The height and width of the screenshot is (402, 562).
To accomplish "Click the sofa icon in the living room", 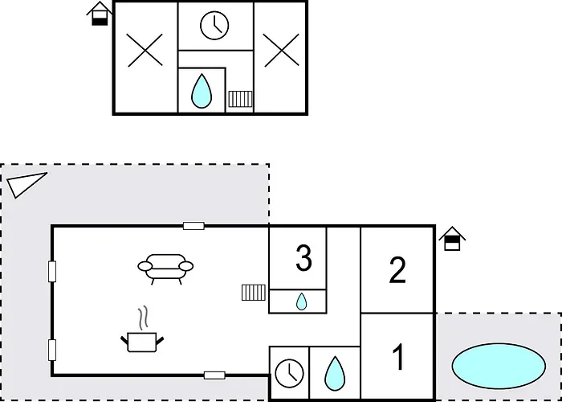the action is pyautogui.click(x=165, y=269).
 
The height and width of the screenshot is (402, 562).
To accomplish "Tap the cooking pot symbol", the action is pyautogui.click(x=142, y=342).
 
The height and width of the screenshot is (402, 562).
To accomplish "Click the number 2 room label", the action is pyautogui.click(x=397, y=270).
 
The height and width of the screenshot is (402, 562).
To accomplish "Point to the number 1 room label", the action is pyautogui.click(x=398, y=357).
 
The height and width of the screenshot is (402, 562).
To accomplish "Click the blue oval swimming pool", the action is pyautogui.click(x=499, y=366).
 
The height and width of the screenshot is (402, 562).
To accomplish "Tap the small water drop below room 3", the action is pyautogui.click(x=301, y=301).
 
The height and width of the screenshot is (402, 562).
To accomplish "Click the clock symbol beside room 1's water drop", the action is pyautogui.click(x=289, y=373).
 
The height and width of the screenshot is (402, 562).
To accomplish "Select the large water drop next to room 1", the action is pyautogui.click(x=335, y=373).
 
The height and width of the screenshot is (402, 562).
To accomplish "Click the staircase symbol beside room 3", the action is pyautogui.click(x=254, y=293).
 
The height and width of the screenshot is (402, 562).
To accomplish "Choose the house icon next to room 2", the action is pyautogui.click(x=452, y=239).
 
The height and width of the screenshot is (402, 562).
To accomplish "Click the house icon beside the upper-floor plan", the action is pyautogui.click(x=100, y=14).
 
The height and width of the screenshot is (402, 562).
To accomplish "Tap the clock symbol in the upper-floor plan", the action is pyautogui.click(x=214, y=26).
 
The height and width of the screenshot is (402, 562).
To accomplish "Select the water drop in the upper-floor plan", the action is pyautogui.click(x=202, y=91).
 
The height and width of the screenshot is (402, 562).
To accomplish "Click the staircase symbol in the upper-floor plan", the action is pyautogui.click(x=240, y=99).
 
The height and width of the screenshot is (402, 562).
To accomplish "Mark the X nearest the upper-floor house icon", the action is pyautogui.click(x=145, y=50).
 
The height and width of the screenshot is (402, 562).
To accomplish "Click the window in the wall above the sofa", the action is pyautogui.click(x=193, y=226).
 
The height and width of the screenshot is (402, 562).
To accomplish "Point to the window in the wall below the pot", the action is pyautogui.click(x=214, y=375).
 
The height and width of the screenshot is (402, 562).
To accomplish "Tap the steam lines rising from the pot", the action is pyautogui.click(x=144, y=318).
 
